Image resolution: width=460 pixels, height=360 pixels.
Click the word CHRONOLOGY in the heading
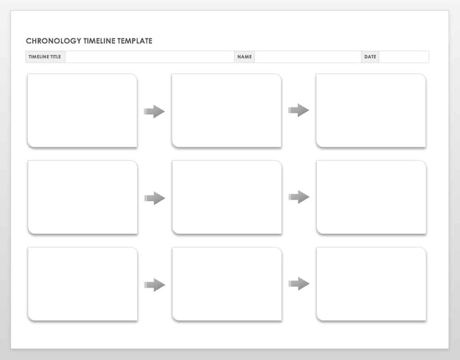(x=53, y=41)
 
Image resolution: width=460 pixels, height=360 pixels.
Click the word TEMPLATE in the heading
(x=135, y=41)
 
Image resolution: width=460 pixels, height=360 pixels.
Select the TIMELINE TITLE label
(x=45, y=56)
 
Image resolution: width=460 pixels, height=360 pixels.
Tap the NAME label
(x=244, y=56)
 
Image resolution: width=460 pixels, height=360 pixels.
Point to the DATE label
(x=370, y=56)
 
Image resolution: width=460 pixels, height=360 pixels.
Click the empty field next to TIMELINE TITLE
(x=149, y=56)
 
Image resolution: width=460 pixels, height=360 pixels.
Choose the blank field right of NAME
(x=308, y=56)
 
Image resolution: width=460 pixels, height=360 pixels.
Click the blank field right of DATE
(x=404, y=56)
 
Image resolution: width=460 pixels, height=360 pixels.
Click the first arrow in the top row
(x=154, y=112)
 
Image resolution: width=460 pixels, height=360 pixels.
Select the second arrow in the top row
(x=298, y=110)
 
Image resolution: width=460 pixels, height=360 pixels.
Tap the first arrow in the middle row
(x=154, y=198)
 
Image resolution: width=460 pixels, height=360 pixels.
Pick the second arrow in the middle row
(x=298, y=197)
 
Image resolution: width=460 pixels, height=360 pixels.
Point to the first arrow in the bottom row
(x=154, y=285)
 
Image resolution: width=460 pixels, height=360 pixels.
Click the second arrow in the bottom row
(x=298, y=284)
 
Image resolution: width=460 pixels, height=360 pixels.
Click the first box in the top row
(x=82, y=110)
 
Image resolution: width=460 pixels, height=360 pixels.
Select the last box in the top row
(x=371, y=110)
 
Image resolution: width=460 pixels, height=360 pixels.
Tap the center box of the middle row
(x=227, y=197)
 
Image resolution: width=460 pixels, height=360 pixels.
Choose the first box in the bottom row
(x=83, y=284)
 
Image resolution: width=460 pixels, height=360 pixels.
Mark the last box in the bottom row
(x=371, y=284)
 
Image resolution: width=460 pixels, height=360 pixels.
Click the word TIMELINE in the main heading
(x=99, y=41)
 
